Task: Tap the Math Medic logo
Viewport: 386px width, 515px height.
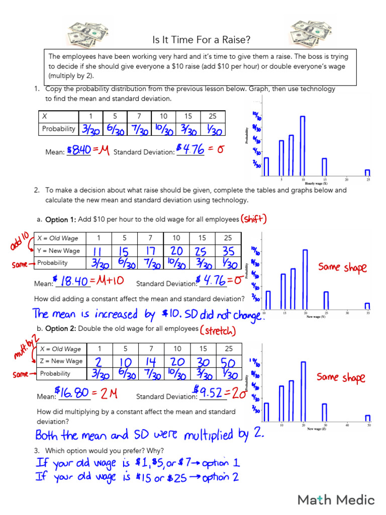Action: [336, 499]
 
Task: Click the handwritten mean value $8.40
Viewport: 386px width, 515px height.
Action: [78, 150]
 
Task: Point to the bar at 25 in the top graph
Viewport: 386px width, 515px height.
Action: [367, 173]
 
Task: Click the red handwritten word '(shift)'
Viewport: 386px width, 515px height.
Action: [254, 219]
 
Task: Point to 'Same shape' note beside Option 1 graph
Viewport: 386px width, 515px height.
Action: [342, 267]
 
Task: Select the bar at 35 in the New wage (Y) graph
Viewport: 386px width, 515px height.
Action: [367, 306]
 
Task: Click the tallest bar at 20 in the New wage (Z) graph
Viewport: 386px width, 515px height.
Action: [303, 391]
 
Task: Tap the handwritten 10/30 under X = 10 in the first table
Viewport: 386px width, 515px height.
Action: [163, 129]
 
